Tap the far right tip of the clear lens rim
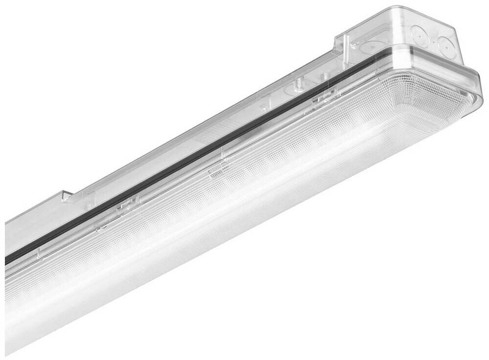click(x=482, y=103)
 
